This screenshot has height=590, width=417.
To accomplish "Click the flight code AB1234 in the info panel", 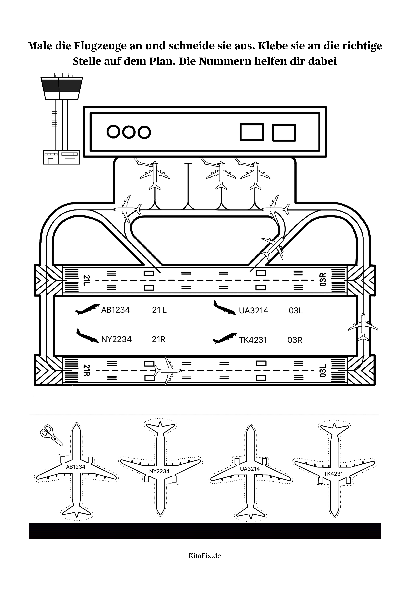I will (116, 310).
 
